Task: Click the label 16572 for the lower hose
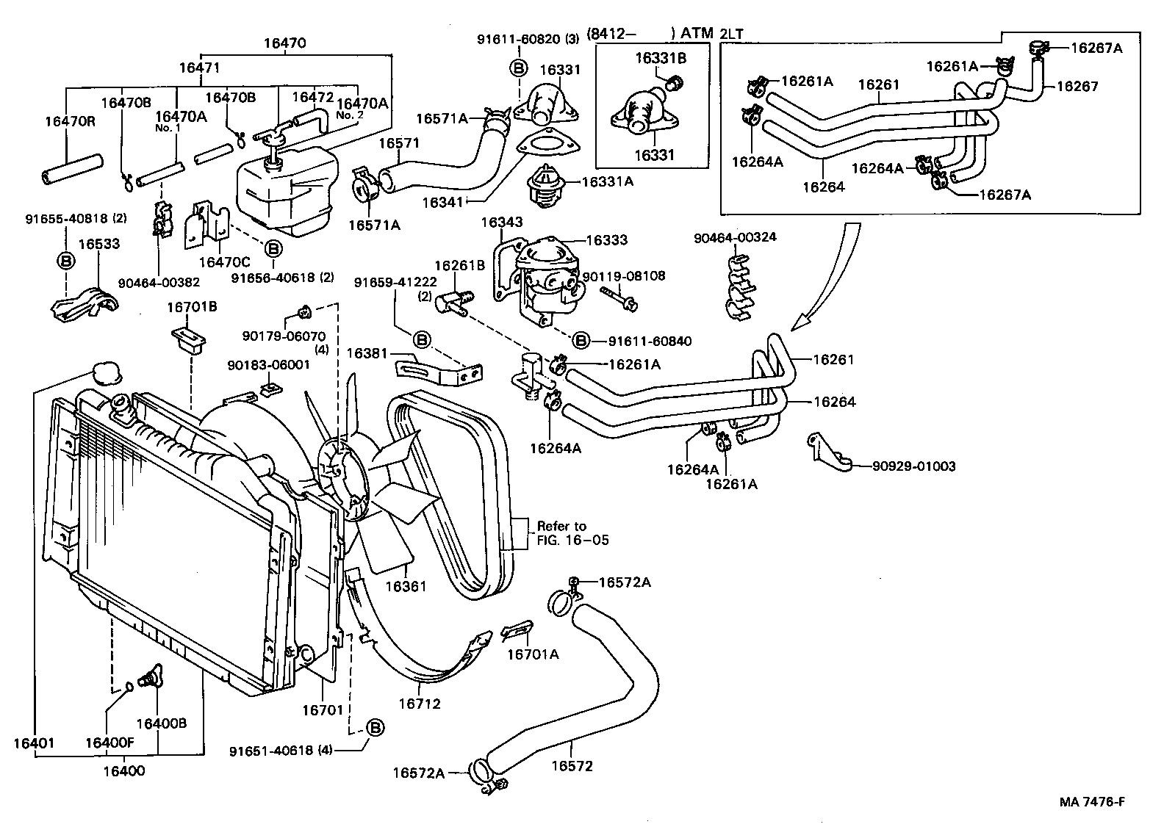572,766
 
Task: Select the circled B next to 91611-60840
581,340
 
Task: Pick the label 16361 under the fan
406,586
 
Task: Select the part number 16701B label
193,306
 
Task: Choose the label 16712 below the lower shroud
419,704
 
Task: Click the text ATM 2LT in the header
710,33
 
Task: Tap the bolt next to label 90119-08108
619,297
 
